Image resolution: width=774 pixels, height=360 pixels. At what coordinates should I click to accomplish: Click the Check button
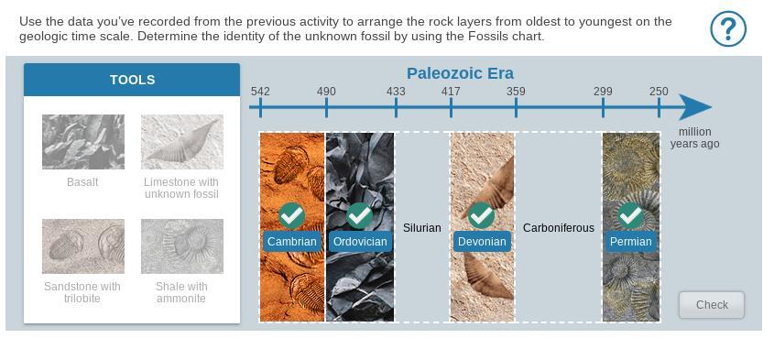[x=712, y=305]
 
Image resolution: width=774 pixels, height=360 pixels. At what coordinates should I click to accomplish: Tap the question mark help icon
[x=728, y=28]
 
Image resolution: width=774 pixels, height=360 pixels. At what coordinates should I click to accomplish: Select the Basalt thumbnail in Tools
[x=83, y=142]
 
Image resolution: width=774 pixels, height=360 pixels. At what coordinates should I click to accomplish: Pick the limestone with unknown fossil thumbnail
[x=182, y=142]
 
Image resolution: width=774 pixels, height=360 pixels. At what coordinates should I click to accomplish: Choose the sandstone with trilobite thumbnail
[x=83, y=245]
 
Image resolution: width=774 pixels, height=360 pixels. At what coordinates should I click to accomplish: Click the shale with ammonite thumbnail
[x=182, y=245]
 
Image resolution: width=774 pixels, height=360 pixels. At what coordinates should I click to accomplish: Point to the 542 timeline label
[x=260, y=92]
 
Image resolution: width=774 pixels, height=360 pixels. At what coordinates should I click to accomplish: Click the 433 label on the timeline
[x=396, y=92]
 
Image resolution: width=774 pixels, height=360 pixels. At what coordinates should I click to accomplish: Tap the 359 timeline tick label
[x=516, y=92]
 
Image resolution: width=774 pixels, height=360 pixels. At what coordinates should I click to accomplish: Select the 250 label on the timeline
[x=659, y=92]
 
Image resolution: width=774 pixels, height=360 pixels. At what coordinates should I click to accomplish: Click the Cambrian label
[x=291, y=242]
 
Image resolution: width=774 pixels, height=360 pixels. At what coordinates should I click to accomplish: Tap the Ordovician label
[x=360, y=242]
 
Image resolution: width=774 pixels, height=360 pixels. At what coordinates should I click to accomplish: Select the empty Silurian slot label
[x=422, y=228]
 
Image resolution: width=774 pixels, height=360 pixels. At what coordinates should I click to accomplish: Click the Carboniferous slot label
[x=558, y=228]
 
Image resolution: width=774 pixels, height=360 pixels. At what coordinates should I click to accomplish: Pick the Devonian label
[x=482, y=242]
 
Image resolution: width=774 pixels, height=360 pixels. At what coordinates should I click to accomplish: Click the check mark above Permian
[x=631, y=215]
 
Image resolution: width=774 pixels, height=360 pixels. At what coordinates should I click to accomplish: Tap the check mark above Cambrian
[x=291, y=215]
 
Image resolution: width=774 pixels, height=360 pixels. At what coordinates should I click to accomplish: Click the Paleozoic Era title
[x=460, y=73]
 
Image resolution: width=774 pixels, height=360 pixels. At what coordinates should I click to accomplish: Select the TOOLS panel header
[x=132, y=80]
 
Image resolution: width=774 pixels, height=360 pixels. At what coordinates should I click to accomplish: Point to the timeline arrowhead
[x=693, y=106]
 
